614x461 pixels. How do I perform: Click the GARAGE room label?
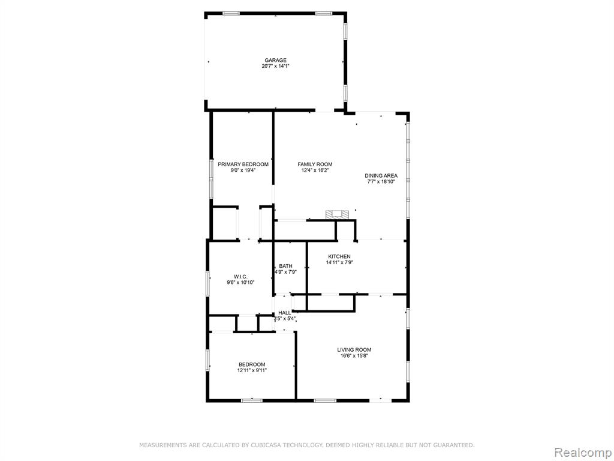click(x=275, y=61)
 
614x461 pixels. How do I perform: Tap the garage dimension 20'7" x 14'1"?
click(x=275, y=66)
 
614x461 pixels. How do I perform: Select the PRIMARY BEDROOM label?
click(x=243, y=164)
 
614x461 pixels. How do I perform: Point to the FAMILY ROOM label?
click(x=315, y=164)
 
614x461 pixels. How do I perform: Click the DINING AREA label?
click(x=381, y=176)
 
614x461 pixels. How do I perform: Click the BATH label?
click(x=285, y=266)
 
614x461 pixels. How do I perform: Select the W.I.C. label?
click(x=240, y=276)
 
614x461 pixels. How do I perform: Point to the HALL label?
click(x=285, y=312)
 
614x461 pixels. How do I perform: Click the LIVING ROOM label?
click(x=354, y=350)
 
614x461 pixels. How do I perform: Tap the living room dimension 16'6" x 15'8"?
click(x=354, y=356)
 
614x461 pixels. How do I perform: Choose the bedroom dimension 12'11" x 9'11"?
click(x=252, y=370)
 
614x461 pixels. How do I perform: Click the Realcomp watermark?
click(x=582, y=453)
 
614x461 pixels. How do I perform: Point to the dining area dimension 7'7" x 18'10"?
click(x=381, y=182)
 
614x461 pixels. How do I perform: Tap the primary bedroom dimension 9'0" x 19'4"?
click(x=243, y=170)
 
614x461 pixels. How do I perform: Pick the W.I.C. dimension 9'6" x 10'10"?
click(x=240, y=282)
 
